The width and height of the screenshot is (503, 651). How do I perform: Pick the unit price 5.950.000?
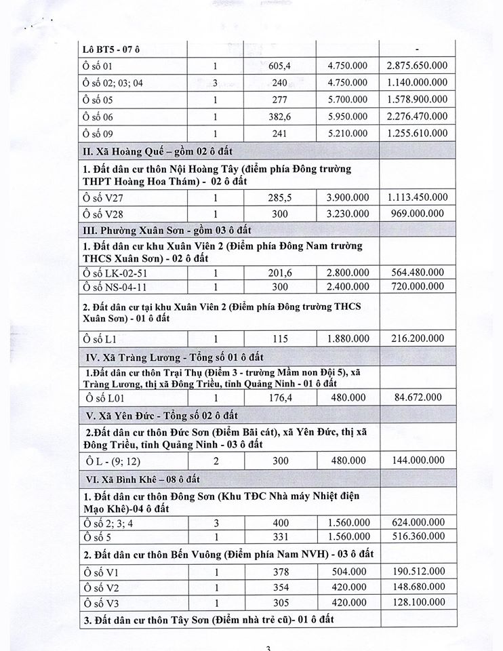pos(349,117)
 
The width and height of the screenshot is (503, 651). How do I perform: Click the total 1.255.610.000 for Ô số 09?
pos(417,134)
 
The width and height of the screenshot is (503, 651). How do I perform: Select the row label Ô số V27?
pos(102,197)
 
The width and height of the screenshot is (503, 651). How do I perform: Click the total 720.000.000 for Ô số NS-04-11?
pos(417,287)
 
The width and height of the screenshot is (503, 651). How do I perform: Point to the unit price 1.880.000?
pos(349,338)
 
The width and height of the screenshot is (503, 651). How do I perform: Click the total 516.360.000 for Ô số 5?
pos(417,536)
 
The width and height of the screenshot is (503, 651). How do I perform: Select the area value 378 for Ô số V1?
pos(281,572)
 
